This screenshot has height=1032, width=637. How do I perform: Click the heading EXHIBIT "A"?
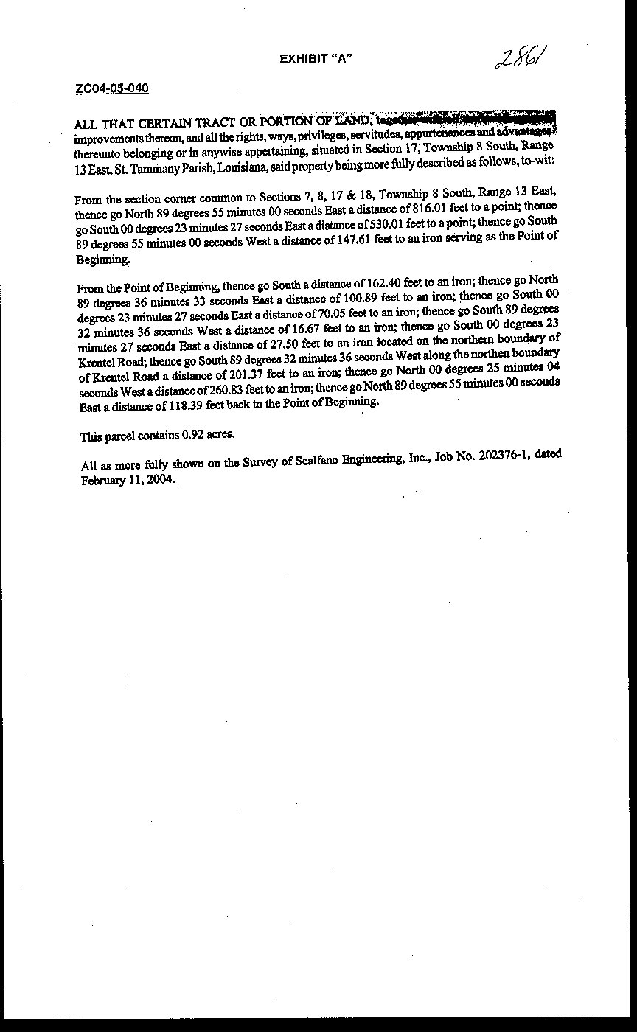[315, 59]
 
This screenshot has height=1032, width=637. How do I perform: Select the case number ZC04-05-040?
[112, 89]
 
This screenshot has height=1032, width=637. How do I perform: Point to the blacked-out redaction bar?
[464, 118]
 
